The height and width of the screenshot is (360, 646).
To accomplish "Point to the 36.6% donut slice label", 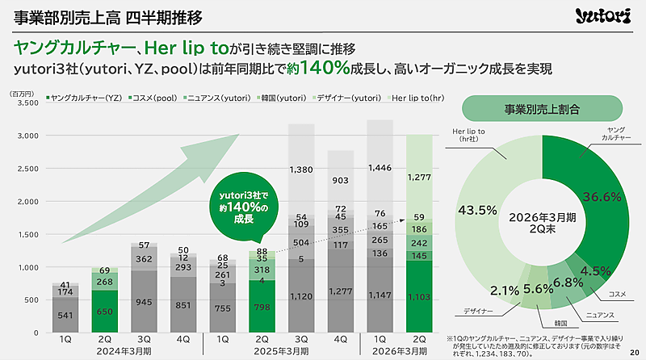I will [x=602, y=196].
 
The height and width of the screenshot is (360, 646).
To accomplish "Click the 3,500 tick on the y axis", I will [x=27, y=103].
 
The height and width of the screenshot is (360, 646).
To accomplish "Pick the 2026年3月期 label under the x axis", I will [x=399, y=352].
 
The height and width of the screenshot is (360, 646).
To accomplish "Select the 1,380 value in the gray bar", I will [x=301, y=170].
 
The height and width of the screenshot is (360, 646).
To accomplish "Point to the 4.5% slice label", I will [x=596, y=271].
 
